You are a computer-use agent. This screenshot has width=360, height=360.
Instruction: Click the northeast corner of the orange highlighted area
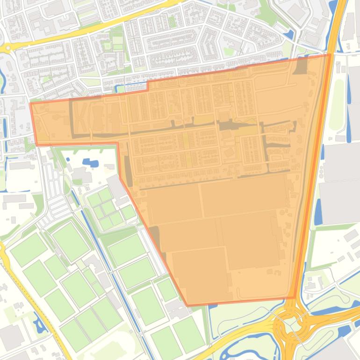coord(330,54)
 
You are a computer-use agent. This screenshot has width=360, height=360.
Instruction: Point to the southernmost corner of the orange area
coord(187,306)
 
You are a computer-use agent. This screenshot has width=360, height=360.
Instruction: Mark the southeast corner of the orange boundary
coord(295,298)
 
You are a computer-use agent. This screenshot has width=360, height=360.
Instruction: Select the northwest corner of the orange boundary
coord(31,103)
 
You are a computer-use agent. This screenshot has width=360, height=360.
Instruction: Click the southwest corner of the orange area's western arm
coord(36,145)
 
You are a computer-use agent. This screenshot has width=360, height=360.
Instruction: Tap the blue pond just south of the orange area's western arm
coord(90,163)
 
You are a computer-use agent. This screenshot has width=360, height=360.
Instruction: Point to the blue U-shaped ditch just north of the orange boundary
coord(133,86)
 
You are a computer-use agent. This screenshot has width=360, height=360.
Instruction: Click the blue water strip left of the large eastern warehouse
coord(318,210)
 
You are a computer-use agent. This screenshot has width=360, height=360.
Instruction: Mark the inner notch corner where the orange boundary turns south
coord(117,143)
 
